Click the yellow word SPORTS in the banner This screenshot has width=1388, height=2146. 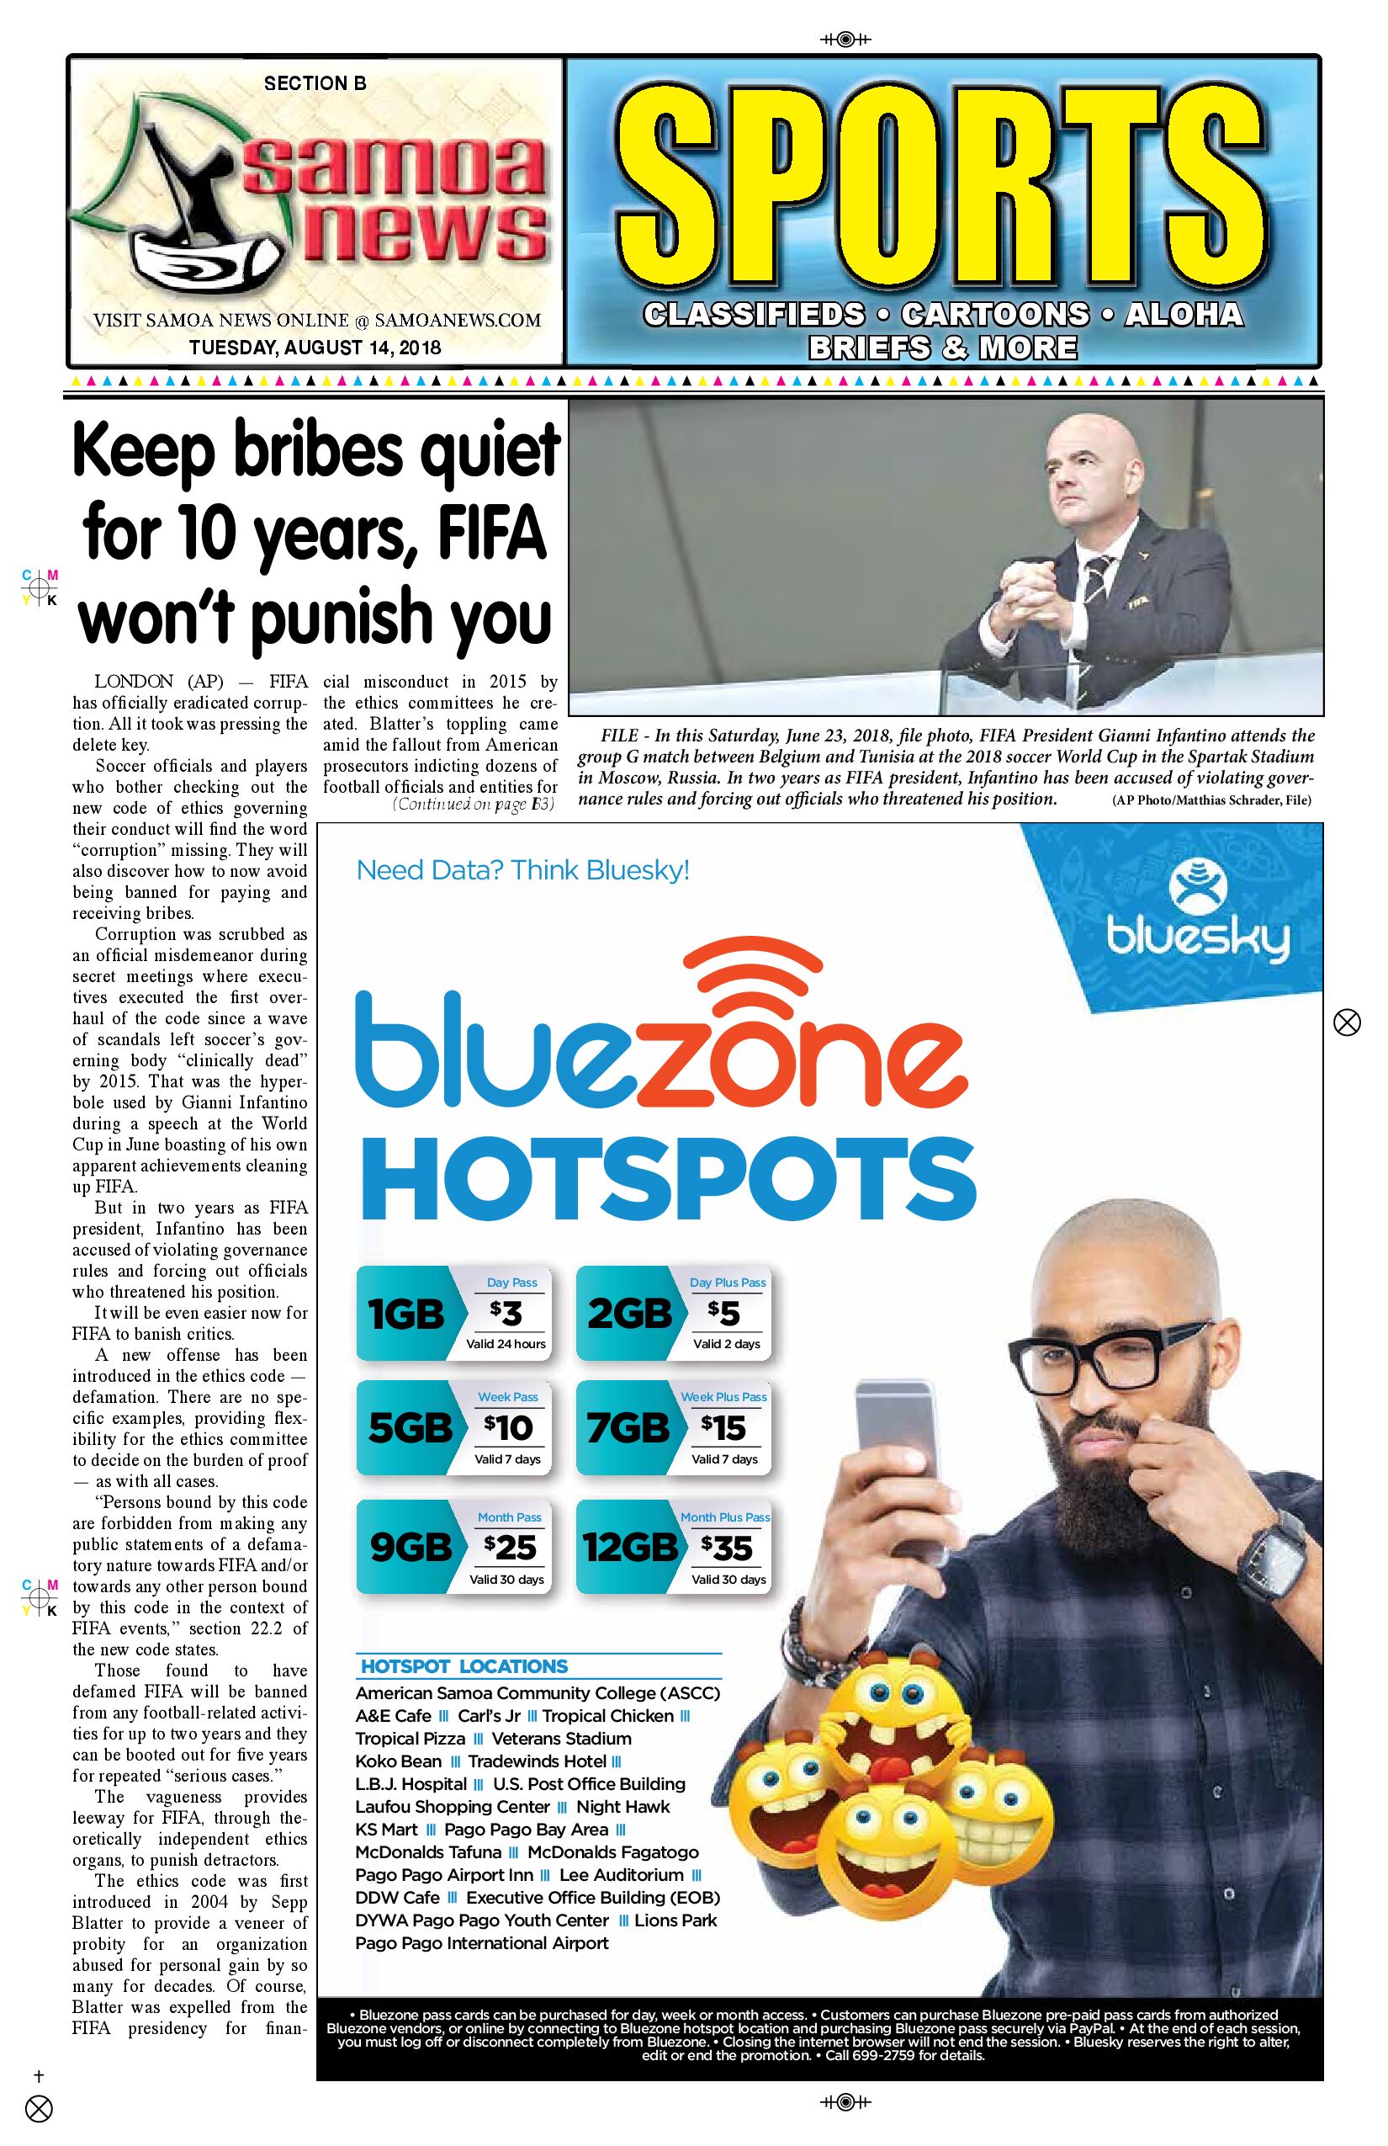[x=942, y=190]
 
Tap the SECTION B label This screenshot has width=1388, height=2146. [x=315, y=84]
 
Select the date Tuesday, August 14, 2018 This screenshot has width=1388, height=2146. [x=315, y=347]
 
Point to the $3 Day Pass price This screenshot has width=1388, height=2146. [x=506, y=1314]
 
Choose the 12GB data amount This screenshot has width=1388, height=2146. [x=629, y=1548]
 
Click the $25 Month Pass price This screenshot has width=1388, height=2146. [x=509, y=1548]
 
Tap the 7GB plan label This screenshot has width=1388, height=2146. [x=628, y=1427]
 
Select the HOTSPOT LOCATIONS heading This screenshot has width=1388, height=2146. [x=464, y=1666]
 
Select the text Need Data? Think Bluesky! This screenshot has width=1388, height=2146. [x=522, y=870]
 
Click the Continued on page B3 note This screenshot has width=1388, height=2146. [x=472, y=805]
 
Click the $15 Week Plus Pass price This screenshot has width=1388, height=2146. [x=724, y=1427]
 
